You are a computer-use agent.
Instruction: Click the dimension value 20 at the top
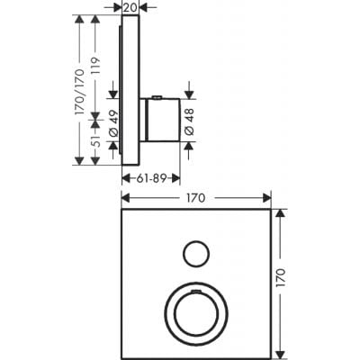coord(130,7)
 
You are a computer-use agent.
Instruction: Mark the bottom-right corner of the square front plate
coord(270,357)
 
